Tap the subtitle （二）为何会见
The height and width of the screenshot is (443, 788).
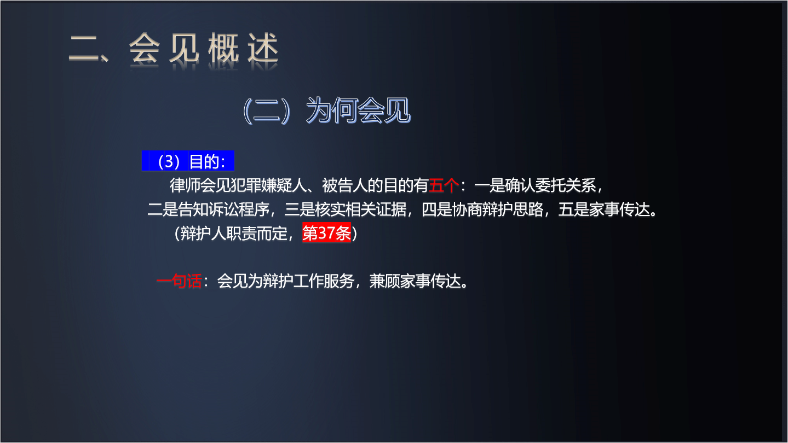pyautogui.click(x=326, y=110)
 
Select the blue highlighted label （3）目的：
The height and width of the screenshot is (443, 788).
pyautogui.click(x=188, y=161)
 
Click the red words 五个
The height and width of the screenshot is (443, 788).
pyautogui.click(x=444, y=185)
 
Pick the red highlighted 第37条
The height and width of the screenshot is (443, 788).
pyautogui.click(x=326, y=232)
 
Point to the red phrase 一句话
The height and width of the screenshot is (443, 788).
pyautogui.click(x=179, y=281)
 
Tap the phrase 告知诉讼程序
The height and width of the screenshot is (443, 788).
pyautogui.click(x=223, y=209)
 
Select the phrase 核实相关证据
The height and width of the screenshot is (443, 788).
pyautogui.click(x=360, y=209)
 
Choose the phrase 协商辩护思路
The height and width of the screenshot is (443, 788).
pyautogui.click(x=498, y=209)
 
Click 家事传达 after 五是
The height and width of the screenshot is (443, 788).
pyautogui.click(x=619, y=209)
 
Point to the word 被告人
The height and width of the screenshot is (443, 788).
pyautogui.click(x=345, y=185)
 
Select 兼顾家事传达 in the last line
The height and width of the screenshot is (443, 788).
pyautogui.click(x=415, y=281)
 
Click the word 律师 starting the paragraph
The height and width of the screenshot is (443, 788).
pyautogui.click(x=185, y=185)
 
